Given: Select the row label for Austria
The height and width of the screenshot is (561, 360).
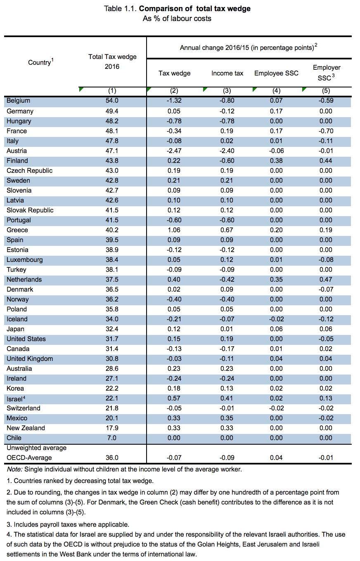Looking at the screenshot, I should (17, 151).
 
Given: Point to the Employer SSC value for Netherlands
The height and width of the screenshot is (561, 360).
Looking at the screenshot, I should (326, 280).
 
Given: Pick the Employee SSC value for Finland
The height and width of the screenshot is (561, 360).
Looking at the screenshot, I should (276, 161).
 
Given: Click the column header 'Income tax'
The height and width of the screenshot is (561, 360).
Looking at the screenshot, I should (227, 73).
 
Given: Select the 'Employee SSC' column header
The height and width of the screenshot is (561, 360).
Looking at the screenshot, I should (276, 73).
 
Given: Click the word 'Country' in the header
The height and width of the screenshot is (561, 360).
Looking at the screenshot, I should (39, 63).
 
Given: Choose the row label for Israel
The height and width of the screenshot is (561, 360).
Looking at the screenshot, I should (14, 398).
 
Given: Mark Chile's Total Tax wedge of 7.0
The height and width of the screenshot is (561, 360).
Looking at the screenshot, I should (112, 438).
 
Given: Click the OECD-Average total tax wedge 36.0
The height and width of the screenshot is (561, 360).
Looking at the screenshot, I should (112, 457).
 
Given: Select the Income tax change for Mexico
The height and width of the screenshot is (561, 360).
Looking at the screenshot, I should (227, 418).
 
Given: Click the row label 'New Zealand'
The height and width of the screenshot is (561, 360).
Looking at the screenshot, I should (26, 428).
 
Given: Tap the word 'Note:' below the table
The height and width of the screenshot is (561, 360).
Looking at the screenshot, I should (15, 469).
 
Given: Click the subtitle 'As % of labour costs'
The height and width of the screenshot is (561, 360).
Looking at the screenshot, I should (177, 19).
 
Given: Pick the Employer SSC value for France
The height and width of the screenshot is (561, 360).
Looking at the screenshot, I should (326, 131).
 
